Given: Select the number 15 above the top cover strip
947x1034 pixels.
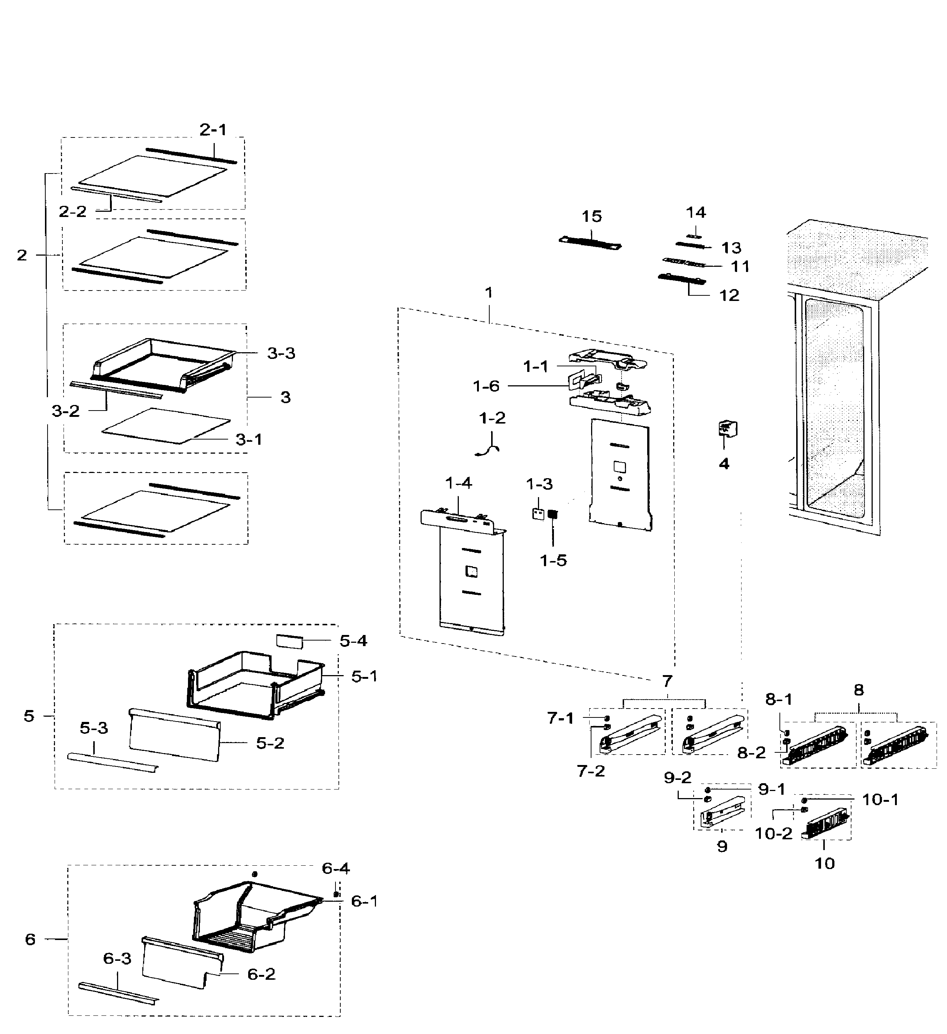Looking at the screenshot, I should tap(591, 217).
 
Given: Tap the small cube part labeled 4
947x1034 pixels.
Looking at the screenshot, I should tap(727, 428).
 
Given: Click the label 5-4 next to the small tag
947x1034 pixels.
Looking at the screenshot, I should tap(353, 641).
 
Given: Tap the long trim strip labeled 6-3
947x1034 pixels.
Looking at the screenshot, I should tap(118, 994).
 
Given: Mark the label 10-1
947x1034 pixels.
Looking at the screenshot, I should tap(880, 800).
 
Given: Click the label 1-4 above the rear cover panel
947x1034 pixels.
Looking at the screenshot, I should tap(458, 483).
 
